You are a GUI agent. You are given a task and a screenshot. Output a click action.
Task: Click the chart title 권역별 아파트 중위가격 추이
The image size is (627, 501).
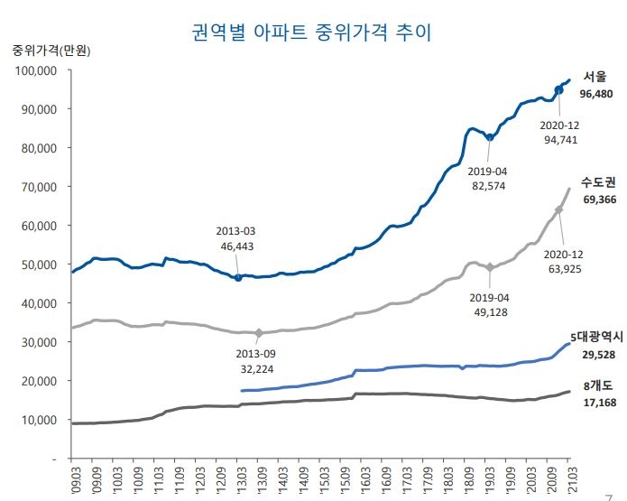pyautogui.click(x=312, y=33)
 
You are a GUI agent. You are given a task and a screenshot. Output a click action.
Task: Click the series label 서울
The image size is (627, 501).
pyautogui.click(x=595, y=76)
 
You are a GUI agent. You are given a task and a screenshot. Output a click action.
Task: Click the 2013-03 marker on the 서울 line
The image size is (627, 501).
pyautogui.click(x=238, y=278)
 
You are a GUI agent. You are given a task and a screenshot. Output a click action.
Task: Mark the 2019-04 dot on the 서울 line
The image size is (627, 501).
pyautogui.click(x=490, y=137)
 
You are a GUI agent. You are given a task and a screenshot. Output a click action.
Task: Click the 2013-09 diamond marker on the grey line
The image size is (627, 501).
pyautogui.click(x=260, y=333)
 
